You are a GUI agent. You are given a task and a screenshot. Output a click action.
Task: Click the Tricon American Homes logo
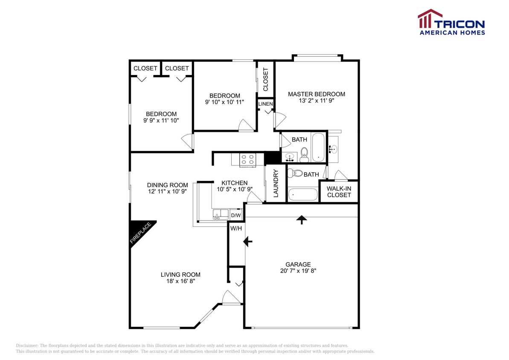pos(451,22)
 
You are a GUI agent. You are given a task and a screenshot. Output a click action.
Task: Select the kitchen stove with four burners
pos(247,159)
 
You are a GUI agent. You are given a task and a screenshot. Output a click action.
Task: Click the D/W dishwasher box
pos(236,215)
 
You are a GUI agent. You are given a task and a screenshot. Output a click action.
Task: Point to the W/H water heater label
pos(236,229)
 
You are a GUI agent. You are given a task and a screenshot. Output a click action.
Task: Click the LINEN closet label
pos(265,104)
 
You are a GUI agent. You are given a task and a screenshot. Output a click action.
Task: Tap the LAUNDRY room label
pos(276,184)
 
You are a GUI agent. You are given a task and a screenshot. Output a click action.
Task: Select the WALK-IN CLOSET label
pos(339,192)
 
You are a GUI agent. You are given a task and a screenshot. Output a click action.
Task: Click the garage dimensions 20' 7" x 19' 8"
pos(298,270)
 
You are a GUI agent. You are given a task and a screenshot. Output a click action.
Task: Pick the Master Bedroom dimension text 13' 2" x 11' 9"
pos(316,101)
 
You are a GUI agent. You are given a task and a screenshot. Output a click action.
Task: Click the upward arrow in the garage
pos(302,220)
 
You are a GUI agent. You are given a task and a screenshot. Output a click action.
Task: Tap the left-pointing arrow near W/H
pos(247,241)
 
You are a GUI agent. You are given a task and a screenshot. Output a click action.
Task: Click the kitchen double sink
pos(220,215)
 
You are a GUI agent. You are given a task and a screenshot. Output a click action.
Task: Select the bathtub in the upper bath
pos(318,147)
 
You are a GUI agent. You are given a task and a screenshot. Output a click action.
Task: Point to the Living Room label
pos(180,275)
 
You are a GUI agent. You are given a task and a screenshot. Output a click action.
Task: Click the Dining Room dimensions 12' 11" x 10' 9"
pos(167,192)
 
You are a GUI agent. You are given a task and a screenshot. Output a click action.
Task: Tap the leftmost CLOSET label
pos(145,68)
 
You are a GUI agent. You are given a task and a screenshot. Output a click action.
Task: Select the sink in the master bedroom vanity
pos(334,149)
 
